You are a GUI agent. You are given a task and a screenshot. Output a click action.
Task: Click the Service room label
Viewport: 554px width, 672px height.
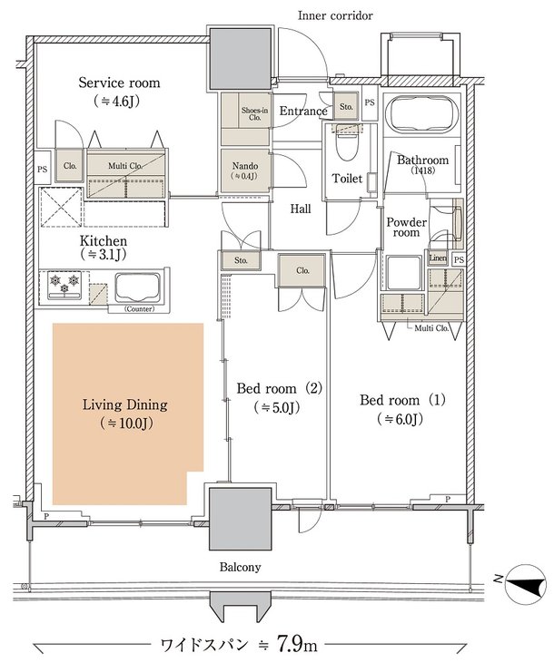(119, 83)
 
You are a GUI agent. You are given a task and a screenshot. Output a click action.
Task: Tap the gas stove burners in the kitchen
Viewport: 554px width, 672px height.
(64, 284)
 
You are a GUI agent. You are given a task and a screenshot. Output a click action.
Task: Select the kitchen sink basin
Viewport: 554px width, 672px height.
(138, 287)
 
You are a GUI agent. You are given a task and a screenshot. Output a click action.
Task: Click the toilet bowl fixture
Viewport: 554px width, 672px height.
(347, 144)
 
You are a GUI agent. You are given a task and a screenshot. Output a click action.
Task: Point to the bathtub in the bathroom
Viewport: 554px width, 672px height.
(421, 112)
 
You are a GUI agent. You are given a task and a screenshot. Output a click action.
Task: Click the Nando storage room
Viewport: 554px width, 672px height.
(245, 170)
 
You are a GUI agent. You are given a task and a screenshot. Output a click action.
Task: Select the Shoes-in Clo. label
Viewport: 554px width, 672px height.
(254, 113)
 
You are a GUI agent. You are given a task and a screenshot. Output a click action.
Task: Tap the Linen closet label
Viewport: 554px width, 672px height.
(438, 258)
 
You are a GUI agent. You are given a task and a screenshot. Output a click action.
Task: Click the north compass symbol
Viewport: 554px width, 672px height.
(525, 585)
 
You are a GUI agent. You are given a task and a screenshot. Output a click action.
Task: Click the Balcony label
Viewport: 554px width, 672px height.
(241, 568)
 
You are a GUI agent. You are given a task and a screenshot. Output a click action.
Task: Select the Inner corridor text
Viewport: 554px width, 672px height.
(335, 15)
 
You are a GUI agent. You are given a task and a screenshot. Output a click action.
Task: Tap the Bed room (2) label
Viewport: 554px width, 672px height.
(279, 389)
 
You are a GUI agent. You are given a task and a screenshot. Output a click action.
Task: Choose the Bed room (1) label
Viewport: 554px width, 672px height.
(402, 400)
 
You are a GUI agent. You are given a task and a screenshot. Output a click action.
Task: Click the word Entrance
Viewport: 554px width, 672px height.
(303, 111)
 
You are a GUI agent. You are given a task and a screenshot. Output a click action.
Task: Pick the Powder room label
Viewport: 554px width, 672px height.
(407, 227)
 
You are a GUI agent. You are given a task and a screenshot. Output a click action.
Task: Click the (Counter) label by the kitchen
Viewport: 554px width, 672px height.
(140, 309)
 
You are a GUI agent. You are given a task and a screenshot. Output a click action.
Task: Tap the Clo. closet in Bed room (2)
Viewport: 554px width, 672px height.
(302, 270)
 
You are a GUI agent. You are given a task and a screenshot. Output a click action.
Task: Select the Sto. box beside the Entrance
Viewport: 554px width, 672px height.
(346, 106)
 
